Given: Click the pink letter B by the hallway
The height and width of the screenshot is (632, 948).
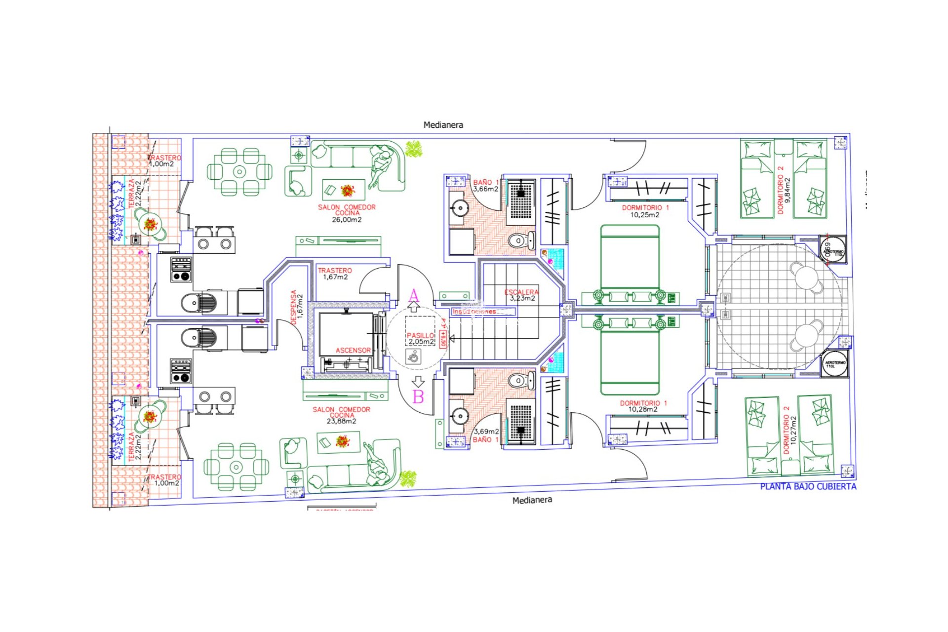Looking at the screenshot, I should click(418, 396).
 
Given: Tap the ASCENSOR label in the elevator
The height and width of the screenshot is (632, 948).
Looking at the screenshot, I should click(353, 350).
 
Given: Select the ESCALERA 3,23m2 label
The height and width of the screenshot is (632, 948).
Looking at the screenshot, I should click(521, 295).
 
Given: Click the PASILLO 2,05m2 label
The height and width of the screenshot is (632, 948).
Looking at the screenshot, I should click(421, 338).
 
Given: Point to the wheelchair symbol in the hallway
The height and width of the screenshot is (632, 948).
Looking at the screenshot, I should click(413, 356).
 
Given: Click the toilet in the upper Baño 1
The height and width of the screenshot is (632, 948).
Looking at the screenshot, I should click(519, 241).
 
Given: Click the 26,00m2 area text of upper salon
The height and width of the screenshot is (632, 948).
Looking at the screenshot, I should click(347, 220).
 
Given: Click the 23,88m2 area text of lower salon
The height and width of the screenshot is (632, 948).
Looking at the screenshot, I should click(341, 421).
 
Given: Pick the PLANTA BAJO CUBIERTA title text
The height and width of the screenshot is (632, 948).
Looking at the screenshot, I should click(808, 486).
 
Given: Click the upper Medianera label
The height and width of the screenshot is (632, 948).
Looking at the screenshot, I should click(443, 125).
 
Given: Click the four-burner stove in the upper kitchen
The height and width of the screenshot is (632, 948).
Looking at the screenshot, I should click(181, 270).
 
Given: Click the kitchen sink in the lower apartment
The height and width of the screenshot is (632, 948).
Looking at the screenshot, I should click(199, 339).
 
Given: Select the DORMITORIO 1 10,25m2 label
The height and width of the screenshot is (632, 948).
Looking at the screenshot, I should click(645, 211).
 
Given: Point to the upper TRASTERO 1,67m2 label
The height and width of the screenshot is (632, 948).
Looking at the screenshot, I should click(335, 274).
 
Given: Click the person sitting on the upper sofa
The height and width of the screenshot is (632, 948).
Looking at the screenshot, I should click(380, 166).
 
